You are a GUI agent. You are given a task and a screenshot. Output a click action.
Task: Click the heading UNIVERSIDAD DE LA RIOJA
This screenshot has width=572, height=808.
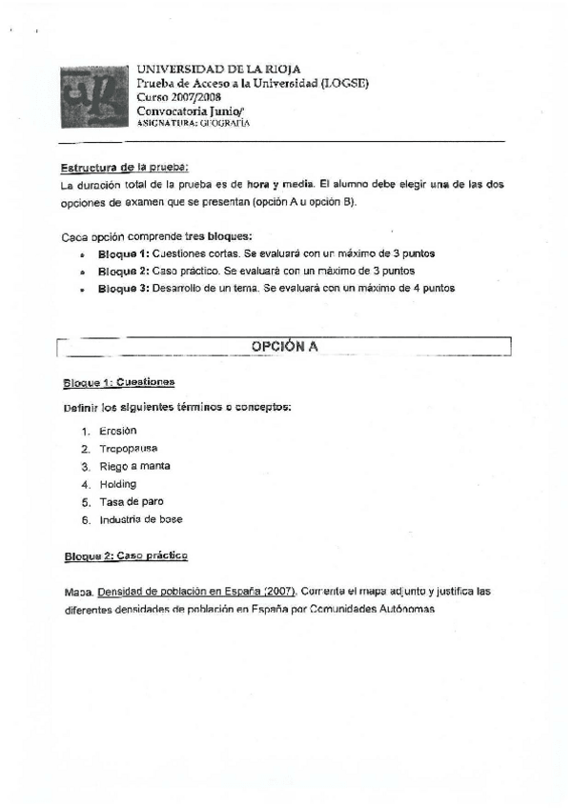[x=219, y=70]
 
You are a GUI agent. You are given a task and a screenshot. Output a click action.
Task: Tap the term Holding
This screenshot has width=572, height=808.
[x=118, y=484]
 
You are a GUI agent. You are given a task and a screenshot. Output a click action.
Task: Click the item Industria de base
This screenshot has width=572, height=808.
[x=140, y=519]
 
